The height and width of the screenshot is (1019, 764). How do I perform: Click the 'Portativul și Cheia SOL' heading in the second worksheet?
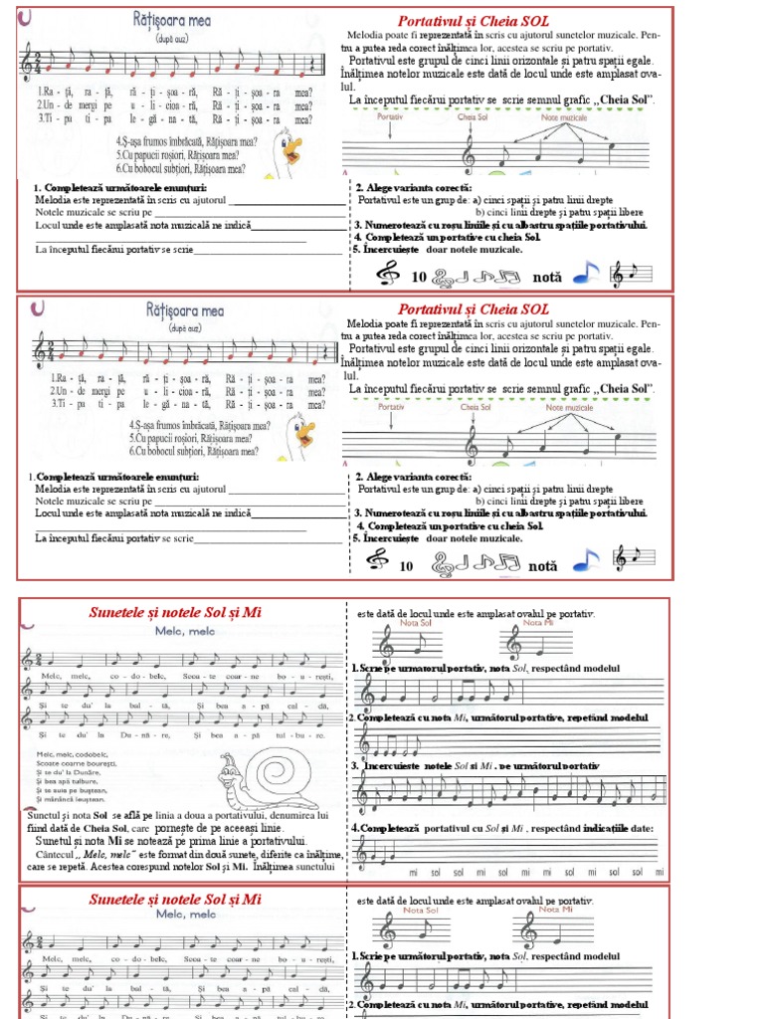473,309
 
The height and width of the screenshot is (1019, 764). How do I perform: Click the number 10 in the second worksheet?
405,565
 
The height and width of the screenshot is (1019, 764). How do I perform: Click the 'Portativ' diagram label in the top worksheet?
391,116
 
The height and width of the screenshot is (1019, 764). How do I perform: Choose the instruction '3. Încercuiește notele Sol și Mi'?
476,765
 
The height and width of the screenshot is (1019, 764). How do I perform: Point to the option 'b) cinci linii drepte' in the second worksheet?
559,501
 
